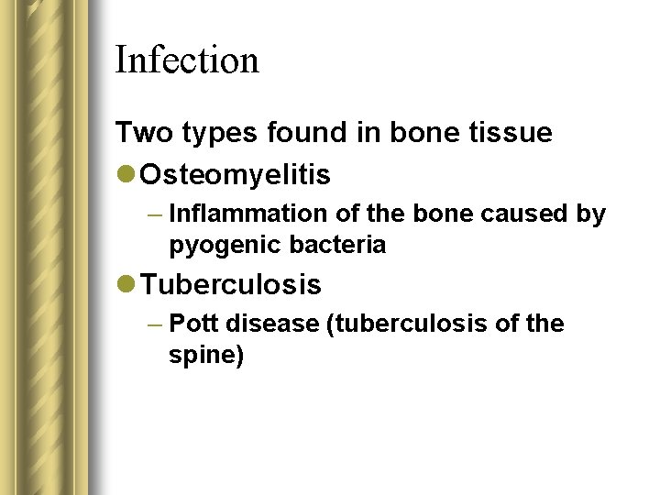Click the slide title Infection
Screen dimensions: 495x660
click(x=187, y=60)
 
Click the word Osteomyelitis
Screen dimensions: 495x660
click(x=236, y=174)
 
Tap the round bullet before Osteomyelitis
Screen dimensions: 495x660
click(x=126, y=174)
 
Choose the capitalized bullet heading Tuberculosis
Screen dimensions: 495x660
click(x=231, y=285)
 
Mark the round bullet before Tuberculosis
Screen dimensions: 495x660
click(x=126, y=285)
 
